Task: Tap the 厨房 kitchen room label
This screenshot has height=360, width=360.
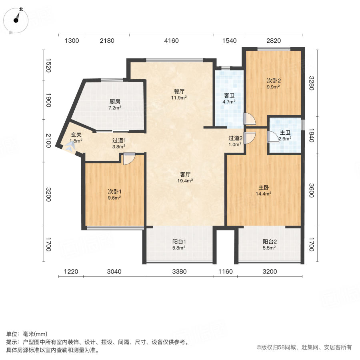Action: [115, 102]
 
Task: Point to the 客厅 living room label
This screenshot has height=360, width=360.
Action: [185, 174]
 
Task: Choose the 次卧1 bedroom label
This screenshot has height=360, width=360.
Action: [114, 191]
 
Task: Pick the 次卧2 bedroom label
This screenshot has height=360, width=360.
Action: [273, 80]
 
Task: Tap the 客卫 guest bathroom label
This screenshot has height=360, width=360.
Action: [229, 95]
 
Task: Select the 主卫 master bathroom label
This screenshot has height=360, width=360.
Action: [285, 133]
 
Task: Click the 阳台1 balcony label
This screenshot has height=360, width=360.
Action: [178, 242]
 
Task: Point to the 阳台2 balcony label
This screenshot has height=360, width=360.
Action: [270, 242]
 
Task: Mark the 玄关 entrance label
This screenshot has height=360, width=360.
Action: [76, 135]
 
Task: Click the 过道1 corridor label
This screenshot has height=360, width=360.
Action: [119, 140]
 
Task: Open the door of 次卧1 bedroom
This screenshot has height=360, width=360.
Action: [129, 159]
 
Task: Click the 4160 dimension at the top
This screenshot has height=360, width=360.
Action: [171, 40]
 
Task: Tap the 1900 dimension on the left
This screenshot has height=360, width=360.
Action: [48, 100]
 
